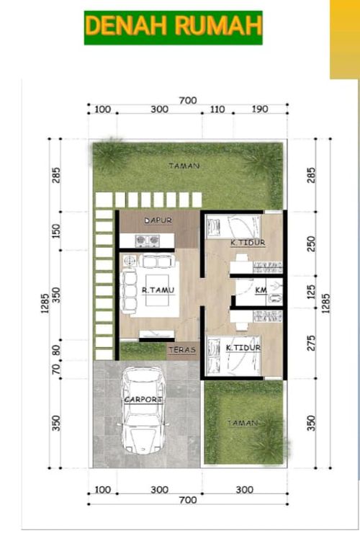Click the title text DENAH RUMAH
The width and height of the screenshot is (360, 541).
coord(173,27)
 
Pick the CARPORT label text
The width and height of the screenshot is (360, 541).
coord(143,399)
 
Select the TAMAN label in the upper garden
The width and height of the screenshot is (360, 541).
coord(184,166)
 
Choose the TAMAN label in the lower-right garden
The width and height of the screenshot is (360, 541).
coord(242,424)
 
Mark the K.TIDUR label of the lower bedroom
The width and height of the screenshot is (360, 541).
coord(243,349)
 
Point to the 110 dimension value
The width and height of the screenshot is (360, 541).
coord(217,109)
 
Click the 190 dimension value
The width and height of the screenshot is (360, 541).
coord(260,109)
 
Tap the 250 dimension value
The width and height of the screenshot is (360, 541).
coord(311,243)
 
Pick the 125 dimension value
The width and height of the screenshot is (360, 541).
coord(311,292)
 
